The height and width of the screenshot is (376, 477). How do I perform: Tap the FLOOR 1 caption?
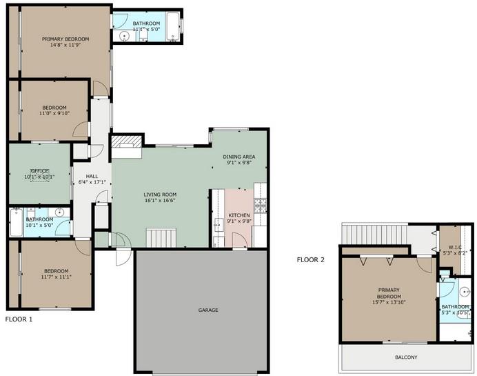[x=19, y=319]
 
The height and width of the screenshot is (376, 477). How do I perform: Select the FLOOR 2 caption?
[x=310, y=260]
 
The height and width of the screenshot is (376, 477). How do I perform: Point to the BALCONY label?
[x=406, y=357]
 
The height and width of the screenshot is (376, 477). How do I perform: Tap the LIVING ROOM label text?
[x=160, y=195]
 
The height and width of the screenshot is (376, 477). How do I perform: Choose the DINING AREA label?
[x=238, y=157]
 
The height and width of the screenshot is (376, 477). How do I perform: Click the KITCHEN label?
[x=238, y=216]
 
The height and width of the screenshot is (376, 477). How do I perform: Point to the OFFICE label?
[x=39, y=170]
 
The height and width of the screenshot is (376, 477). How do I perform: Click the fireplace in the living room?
[x=126, y=143]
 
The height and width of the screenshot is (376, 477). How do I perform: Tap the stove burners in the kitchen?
[x=260, y=204]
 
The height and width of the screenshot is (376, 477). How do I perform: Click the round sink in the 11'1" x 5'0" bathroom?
[x=125, y=37]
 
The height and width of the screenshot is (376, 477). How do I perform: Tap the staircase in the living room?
[x=163, y=237]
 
